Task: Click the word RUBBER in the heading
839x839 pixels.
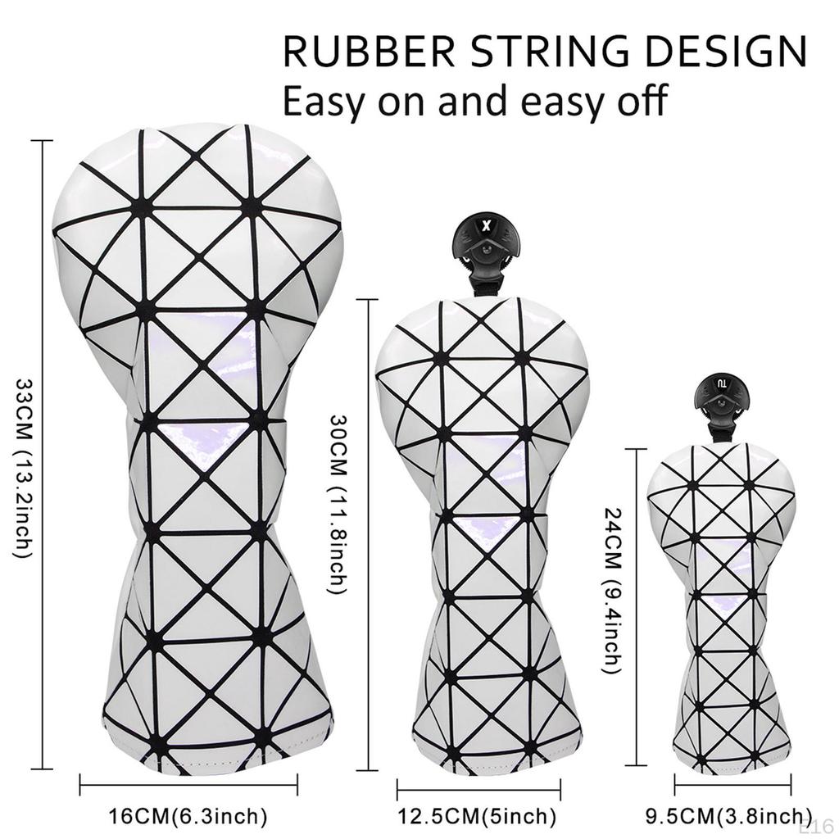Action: pos(369,52)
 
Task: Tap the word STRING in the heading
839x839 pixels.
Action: pos(551,52)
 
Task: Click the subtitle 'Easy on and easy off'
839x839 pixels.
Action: pos(474,100)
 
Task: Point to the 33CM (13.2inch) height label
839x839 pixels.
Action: pos(24,469)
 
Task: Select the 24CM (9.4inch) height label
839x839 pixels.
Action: pos(612,590)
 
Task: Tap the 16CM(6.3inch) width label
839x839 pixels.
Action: pos(188,816)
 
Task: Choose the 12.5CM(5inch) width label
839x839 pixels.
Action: pos(477,816)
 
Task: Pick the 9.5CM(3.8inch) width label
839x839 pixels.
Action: pos(726,816)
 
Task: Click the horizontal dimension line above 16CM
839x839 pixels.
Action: pos(188,785)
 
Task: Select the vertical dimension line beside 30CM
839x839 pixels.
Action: pos(367,535)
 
